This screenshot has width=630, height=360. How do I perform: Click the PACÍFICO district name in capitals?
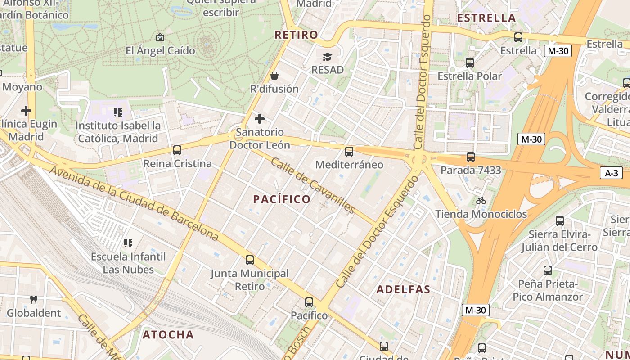point(282,199)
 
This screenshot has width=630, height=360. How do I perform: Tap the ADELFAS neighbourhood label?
point(403,289)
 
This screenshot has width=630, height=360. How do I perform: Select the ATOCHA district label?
point(168,334)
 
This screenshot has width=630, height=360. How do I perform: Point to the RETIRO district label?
point(296,35)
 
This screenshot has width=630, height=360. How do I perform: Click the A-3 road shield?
point(611,173)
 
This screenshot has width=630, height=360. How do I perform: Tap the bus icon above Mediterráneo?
point(349,152)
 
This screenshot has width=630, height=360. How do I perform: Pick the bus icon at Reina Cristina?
point(177,150)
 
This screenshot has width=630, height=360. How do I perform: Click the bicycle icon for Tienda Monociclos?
point(481,201)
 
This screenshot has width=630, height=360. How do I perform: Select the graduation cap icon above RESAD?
point(327,57)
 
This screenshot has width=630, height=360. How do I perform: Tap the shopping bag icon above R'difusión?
point(274,76)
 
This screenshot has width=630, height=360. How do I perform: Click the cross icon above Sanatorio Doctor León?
point(260,119)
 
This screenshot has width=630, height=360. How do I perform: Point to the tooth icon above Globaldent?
point(33,299)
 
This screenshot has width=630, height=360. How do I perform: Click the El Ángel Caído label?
point(160,50)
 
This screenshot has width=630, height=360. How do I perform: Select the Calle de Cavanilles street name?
point(313,185)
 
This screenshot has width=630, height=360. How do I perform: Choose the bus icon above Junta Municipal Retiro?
point(250,260)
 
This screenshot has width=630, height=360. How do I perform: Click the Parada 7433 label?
point(471,170)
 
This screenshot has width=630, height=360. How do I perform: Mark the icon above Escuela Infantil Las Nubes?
point(128,243)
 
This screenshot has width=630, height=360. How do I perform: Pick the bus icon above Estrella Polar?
point(470,63)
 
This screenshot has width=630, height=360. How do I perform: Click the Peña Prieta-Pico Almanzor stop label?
point(548,290)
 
